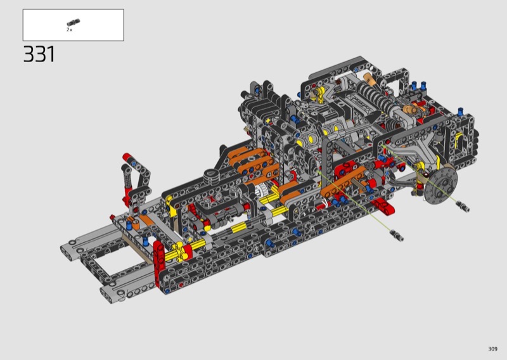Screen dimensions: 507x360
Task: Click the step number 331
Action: [39, 54]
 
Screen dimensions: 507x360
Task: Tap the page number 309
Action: [492, 349]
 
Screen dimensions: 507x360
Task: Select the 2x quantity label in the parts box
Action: [70, 30]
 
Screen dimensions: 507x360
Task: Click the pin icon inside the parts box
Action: [74, 23]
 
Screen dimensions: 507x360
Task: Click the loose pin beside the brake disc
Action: [463, 207]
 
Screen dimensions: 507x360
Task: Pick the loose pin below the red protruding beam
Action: [397, 235]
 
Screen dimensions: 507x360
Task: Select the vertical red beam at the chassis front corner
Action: [159, 264]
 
